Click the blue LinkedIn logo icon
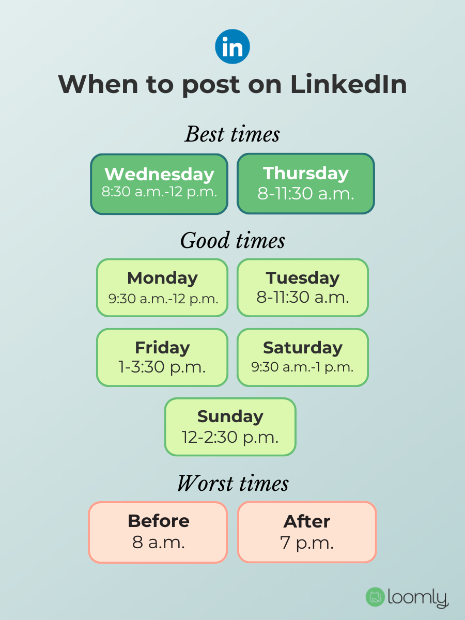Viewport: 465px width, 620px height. (233, 47)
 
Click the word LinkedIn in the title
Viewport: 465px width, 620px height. (348, 84)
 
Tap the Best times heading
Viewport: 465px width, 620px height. (233, 134)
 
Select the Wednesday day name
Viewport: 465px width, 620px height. (159, 174)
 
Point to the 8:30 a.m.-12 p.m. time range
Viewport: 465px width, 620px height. (159, 192)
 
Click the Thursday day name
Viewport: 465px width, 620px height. (306, 173)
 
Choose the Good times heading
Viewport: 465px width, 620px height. (233, 241)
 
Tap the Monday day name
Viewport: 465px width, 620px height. (162, 278)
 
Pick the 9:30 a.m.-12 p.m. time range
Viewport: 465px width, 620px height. (163, 298)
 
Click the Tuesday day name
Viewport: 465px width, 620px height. (303, 278)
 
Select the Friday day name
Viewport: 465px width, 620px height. (162, 347)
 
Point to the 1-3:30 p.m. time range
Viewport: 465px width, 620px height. (162, 367)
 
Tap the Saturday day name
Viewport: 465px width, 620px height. (303, 347)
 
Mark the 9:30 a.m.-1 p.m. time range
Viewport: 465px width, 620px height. (303, 367)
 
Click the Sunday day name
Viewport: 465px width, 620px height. (230, 416)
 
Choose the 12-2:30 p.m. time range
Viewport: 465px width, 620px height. (230, 437)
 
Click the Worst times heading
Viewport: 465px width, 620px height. (233, 483)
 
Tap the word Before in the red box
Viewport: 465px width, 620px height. (159, 521)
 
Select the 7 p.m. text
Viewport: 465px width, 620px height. (307, 542)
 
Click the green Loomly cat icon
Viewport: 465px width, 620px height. (375, 597)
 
